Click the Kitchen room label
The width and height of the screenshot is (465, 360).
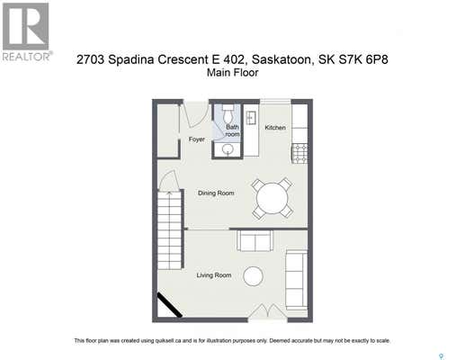click(x=275, y=128)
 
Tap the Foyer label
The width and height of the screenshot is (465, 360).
click(x=197, y=139)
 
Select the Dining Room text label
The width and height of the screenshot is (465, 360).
click(x=216, y=193)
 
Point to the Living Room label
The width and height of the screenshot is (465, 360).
click(x=214, y=275)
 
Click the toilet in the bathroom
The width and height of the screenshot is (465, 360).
click(x=228, y=113)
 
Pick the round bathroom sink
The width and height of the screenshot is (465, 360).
click(x=229, y=149)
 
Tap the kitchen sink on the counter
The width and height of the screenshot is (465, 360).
click(x=251, y=118)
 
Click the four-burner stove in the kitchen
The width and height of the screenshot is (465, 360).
click(x=300, y=154)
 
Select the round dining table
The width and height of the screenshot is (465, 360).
click(x=273, y=198)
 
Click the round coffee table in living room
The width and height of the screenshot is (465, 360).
click(x=253, y=276)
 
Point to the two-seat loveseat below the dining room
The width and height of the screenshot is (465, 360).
click(x=255, y=240)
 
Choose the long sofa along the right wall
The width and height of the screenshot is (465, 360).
click(x=296, y=280)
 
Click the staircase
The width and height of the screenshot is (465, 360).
click(x=170, y=230)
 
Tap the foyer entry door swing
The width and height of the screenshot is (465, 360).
click(x=195, y=114)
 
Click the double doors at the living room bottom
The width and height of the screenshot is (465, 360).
click(x=268, y=312)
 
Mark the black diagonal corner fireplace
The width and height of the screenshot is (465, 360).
click(x=170, y=305)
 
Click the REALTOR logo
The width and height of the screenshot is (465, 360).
click(x=26, y=31)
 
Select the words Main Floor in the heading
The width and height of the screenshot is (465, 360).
click(x=232, y=73)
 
